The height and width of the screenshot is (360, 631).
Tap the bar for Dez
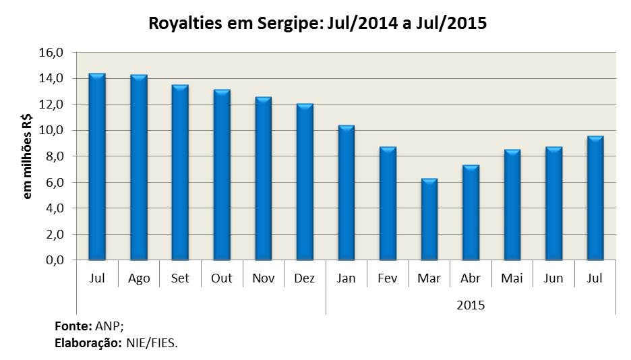tap(305, 182)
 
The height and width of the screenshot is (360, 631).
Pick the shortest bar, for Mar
tap(429, 219)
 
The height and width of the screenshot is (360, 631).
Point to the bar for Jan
tap(347, 193)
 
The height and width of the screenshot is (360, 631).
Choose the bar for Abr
tap(471, 212)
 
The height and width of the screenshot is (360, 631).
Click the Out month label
tap(221, 278)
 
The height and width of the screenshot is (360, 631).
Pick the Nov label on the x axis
tap(263, 278)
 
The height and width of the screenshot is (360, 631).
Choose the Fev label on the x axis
tap(388, 278)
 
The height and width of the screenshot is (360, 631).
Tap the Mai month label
tap(512, 278)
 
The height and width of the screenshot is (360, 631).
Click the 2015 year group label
tap(471, 305)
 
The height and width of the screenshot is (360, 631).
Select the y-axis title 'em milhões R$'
tap(28, 156)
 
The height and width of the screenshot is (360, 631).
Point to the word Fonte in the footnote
tap(68, 326)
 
